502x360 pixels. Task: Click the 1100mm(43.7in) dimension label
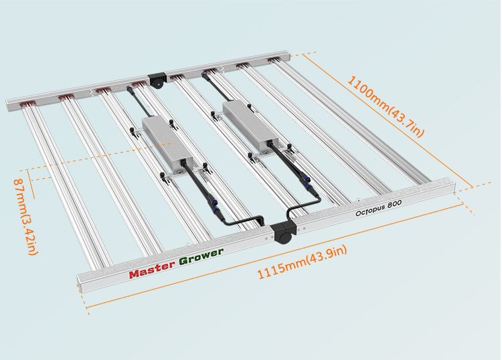click(386, 106)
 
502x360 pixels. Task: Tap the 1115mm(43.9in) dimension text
click(303, 262)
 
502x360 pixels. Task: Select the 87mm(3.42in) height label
click(26, 217)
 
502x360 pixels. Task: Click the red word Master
click(153, 270)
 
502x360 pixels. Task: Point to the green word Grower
click(201, 257)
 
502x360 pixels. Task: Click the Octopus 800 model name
click(378, 208)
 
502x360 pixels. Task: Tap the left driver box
click(167, 143)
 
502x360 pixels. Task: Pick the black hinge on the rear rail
click(157, 80)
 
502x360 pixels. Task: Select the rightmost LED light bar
click(351, 122)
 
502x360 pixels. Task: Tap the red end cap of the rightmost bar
click(274, 60)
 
